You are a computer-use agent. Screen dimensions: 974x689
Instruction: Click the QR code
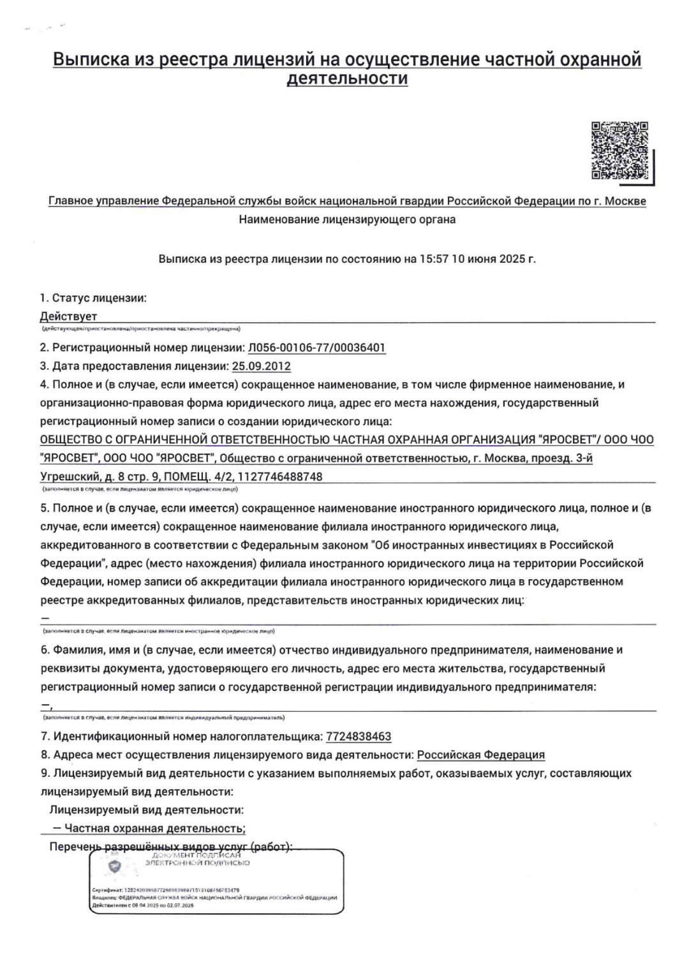click(620, 151)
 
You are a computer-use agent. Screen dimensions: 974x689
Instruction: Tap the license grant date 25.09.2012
click(262, 366)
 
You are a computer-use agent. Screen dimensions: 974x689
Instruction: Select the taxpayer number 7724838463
click(359, 736)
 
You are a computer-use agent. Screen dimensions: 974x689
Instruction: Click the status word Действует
click(68, 316)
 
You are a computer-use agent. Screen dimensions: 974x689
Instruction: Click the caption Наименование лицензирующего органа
click(347, 219)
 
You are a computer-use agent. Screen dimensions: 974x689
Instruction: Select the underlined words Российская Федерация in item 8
click(481, 755)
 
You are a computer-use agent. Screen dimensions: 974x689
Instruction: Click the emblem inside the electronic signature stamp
click(115, 866)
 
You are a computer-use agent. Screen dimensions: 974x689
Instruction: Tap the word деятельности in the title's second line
click(347, 78)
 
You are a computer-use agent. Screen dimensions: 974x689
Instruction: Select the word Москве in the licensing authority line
click(625, 202)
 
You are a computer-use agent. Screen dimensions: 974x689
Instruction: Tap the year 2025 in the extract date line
click(512, 260)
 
